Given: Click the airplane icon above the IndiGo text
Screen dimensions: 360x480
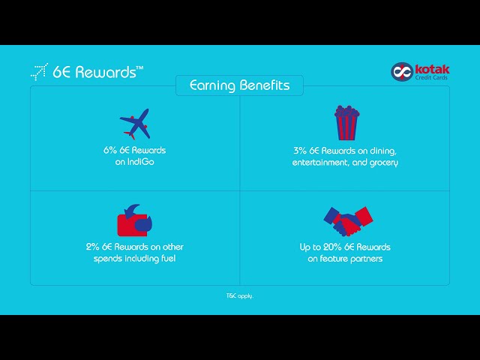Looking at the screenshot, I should pos(135,124).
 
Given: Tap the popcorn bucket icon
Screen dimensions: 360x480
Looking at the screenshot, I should pos(346,122).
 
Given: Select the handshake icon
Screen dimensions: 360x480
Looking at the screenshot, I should pos(347,220).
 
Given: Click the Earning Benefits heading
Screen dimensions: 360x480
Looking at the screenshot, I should pos(239,85).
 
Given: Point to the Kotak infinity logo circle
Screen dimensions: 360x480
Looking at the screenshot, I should pos(401,71).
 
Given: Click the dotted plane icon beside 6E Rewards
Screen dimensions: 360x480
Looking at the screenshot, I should pos(39,72).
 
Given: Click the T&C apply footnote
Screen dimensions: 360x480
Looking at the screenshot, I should pos(240,296).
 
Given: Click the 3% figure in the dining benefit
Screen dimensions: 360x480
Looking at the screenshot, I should pos(299,150).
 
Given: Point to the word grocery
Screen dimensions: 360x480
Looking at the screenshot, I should pos(382,162).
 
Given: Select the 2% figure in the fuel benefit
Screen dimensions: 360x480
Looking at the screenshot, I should pos(92,247).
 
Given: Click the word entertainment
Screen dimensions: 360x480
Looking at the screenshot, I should pos(322,162).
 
